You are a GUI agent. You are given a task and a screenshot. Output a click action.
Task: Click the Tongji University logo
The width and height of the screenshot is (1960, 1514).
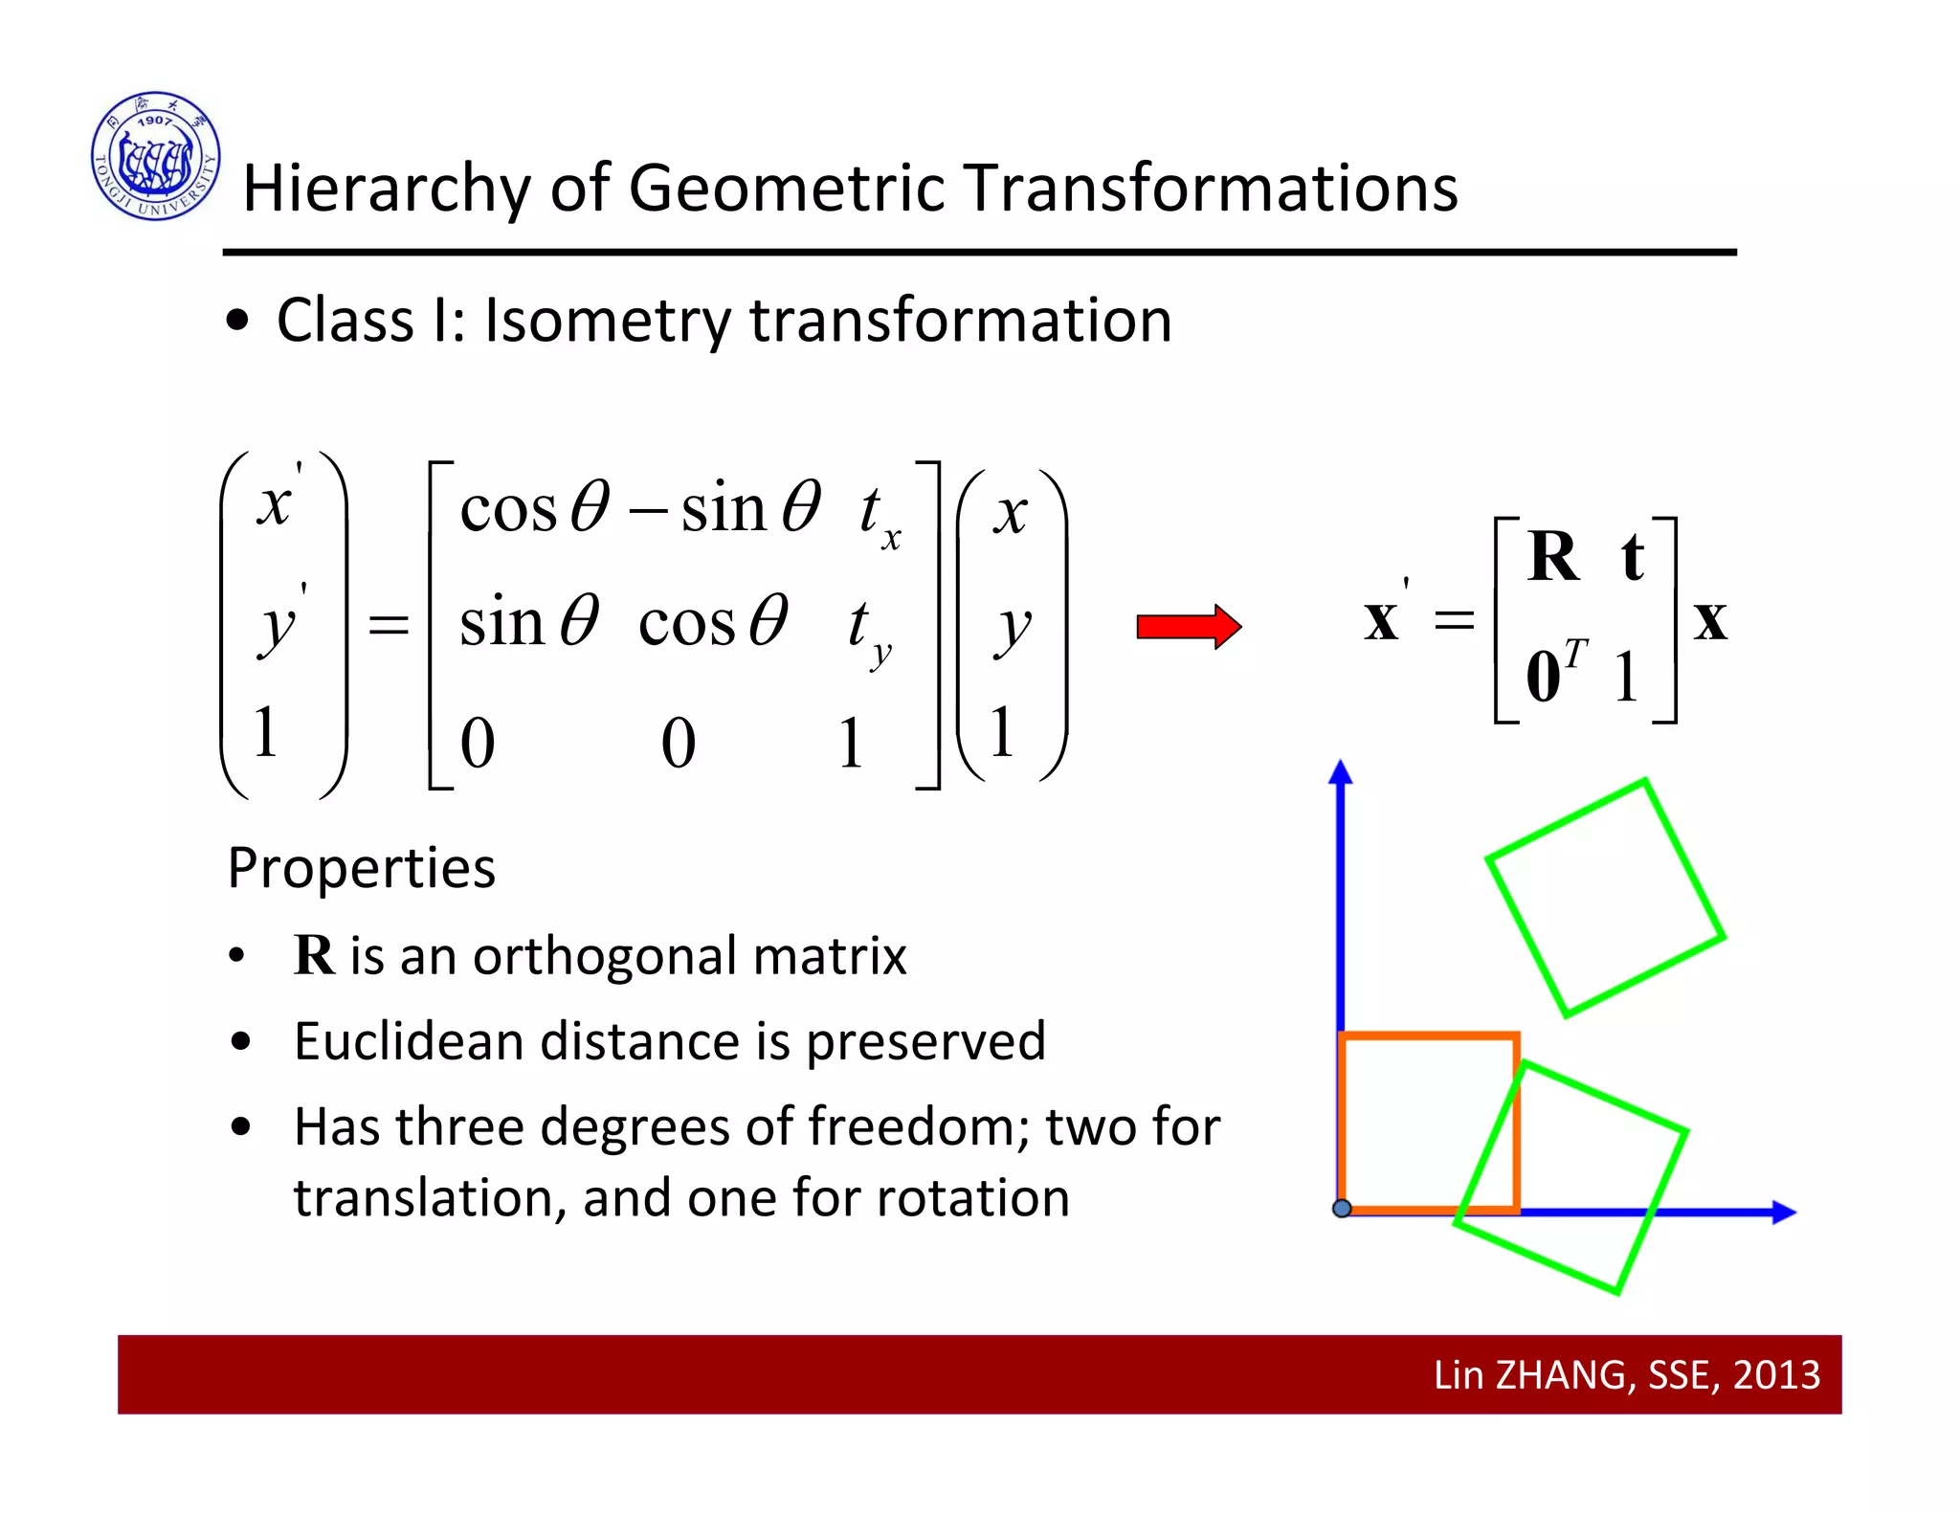156,156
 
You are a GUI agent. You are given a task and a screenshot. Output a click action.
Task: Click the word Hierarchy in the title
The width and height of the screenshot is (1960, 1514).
386,188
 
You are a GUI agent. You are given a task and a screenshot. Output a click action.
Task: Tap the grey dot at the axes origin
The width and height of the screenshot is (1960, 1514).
1342,1209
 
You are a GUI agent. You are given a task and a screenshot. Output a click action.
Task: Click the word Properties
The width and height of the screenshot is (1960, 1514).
362,868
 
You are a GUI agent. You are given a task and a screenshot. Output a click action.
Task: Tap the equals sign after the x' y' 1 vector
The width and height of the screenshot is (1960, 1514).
389,627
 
